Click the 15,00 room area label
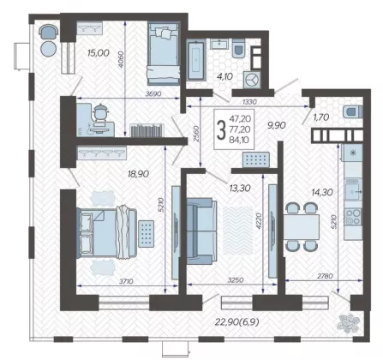99,52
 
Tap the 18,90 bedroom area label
139,174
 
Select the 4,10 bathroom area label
225,76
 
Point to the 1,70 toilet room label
321,117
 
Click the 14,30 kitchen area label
322,192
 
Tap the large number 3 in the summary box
221,129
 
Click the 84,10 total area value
240,140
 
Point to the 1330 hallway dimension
249,102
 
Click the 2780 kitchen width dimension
325,276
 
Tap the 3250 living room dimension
236,280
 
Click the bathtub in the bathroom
196,61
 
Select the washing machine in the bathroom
252,80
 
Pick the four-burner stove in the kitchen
353,217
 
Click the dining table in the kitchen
302,227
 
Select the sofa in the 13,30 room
201,231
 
